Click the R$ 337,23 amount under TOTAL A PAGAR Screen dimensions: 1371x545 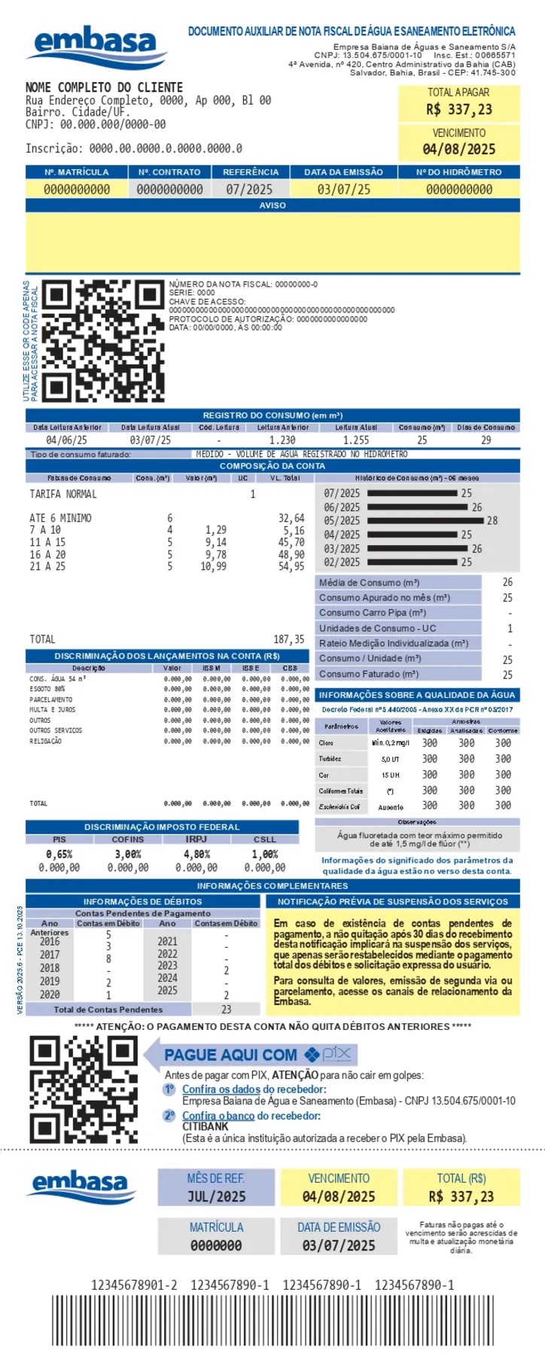(458, 110)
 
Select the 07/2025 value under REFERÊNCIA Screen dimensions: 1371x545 (249, 189)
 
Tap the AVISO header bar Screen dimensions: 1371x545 (272, 205)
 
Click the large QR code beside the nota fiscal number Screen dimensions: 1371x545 (102, 340)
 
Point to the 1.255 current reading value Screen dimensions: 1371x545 (356, 440)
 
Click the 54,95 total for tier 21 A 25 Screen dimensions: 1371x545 (291, 566)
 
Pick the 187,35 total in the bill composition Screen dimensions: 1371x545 (289, 639)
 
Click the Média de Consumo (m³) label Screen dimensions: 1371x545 (369, 582)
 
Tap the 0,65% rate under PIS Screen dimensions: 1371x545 (59, 854)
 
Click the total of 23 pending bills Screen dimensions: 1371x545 (226, 1009)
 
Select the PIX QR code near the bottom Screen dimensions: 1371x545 (84, 1089)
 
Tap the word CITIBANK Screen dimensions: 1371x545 (205, 1126)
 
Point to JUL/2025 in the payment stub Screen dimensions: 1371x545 (216, 1196)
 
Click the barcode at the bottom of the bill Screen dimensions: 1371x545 (272, 1330)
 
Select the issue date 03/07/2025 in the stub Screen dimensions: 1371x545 (339, 1245)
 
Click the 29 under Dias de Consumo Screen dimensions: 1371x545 (486, 440)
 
